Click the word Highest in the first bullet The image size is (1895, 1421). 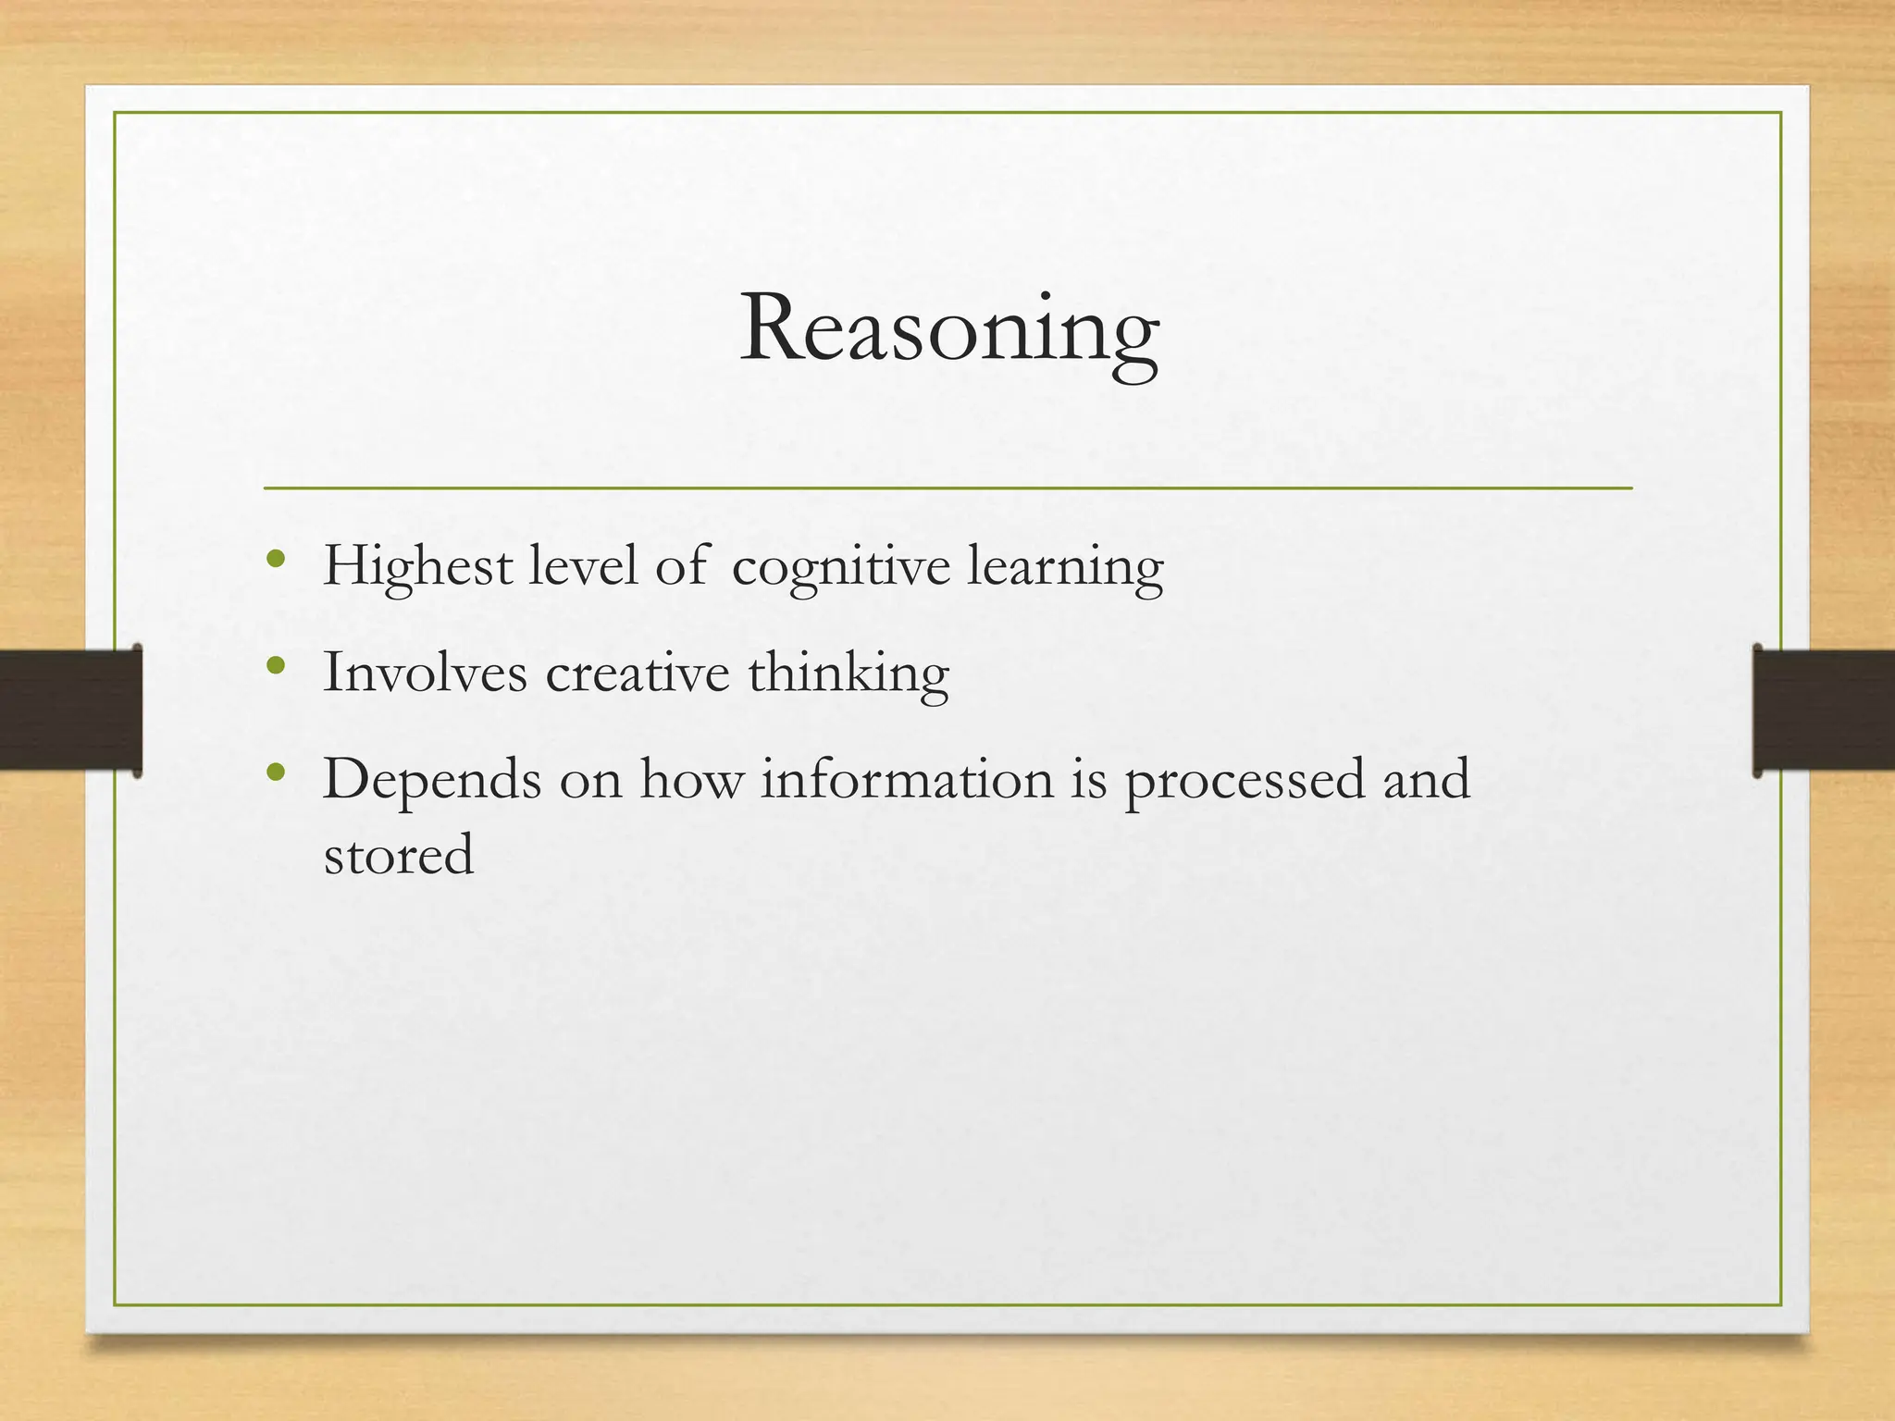(x=417, y=566)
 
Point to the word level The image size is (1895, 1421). (x=583, y=566)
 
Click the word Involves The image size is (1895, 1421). (x=425, y=673)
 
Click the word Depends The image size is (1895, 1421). (x=432, y=780)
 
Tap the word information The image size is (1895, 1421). (x=907, y=780)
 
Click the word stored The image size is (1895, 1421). (x=399, y=855)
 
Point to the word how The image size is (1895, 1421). (x=692, y=780)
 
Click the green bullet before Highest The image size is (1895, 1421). (x=274, y=560)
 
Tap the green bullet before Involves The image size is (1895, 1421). (x=274, y=666)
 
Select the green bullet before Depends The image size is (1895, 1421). (x=274, y=772)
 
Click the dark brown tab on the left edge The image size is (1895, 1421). (x=70, y=710)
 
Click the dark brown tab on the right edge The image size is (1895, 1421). (x=1823, y=710)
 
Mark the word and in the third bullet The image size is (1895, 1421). (x=1426, y=780)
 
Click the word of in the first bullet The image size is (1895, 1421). (x=682, y=566)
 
